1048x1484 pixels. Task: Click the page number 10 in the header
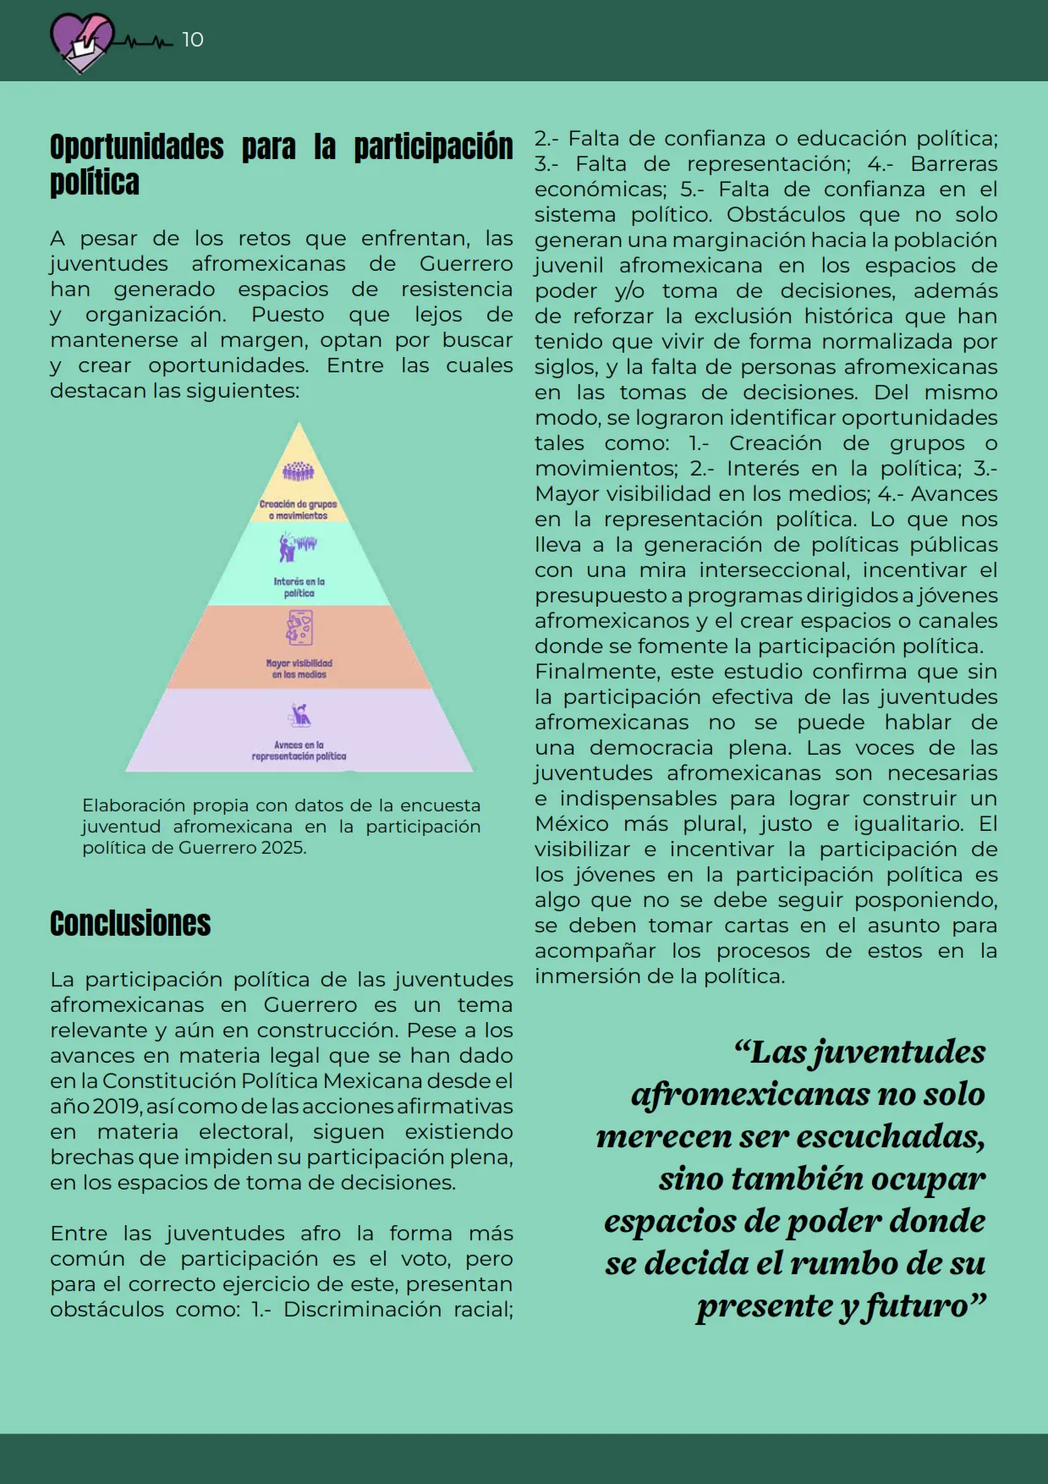pyautogui.click(x=193, y=40)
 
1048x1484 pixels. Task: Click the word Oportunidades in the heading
pyautogui.click(x=136, y=147)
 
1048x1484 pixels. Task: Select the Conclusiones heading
pyautogui.click(x=130, y=923)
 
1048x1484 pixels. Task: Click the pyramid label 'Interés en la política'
pyautogui.click(x=299, y=587)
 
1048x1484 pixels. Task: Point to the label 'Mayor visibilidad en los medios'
pyautogui.click(x=299, y=668)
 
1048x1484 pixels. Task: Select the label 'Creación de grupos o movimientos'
pyautogui.click(x=298, y=509)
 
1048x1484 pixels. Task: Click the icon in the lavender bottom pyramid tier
pyautogui.click(x=299, y=716)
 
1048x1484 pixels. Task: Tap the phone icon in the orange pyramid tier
pyautogui.click(x=299, y=629)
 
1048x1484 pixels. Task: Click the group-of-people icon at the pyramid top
pyautogui.click(x=299, y=470)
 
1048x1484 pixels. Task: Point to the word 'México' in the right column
pyautogui.click(x=571, y=824)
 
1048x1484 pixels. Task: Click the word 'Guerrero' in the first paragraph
pyautogui.click(x=465, y=264)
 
